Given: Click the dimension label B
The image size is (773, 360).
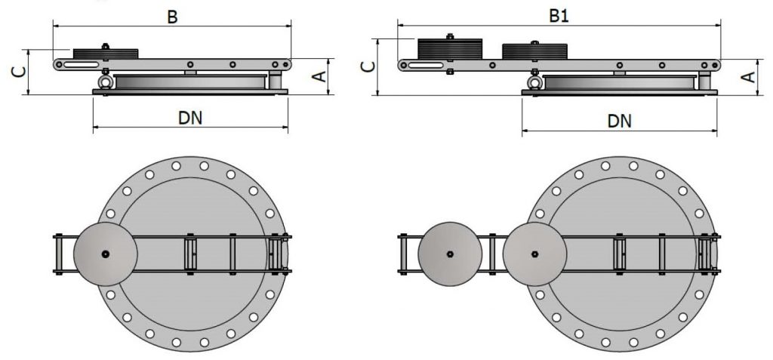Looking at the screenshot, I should tap(172, 17).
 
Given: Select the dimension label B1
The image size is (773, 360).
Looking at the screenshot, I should tap(559, 17).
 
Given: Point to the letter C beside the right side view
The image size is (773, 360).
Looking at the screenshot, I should tap(368, 66).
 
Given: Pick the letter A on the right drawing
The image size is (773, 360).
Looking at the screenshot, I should tap(747, 77).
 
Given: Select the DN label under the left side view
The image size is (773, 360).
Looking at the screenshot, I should tap(190, 118).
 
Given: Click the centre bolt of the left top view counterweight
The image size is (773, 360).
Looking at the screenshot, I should tap(105, 254).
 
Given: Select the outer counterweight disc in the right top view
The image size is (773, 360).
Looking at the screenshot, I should tap(449, 254).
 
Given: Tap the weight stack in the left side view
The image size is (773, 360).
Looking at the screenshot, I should tap(105, 54).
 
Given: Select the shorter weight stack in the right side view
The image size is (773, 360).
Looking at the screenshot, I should tap(534, 51).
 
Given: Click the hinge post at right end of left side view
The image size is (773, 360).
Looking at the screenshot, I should tap(277, 79).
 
